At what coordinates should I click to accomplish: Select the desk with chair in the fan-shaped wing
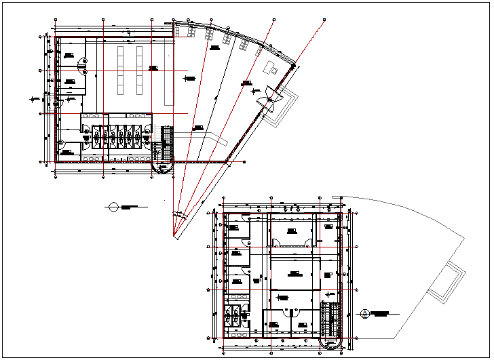coord(272,68)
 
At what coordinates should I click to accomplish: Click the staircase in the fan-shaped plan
coord(167,142)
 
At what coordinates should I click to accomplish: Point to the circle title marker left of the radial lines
coord(113,206)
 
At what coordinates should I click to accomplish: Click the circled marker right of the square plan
coord(365,313)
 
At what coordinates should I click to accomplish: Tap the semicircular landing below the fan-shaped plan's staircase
coord(163,165)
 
